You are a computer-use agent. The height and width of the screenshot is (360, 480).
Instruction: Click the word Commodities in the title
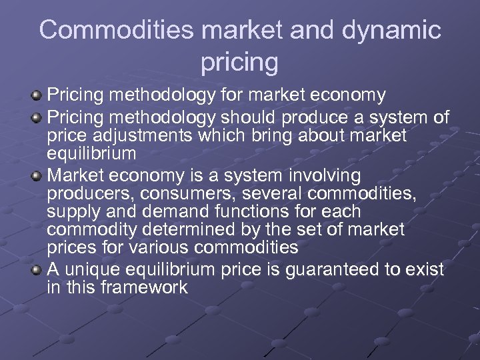115,30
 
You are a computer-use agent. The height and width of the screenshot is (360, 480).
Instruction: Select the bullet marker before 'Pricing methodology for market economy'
37,97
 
